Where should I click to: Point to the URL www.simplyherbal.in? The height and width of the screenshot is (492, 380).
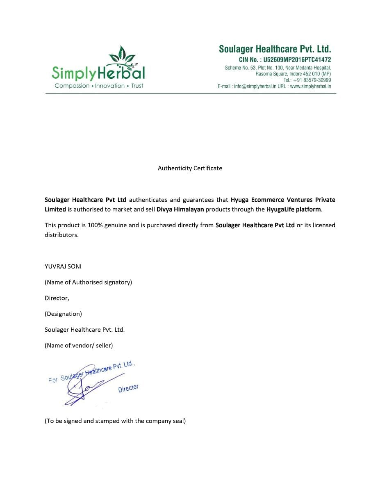point(310,86)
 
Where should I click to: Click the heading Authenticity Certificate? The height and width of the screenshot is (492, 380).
point(190,168)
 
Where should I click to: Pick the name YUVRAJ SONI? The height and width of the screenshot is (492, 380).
point(63,266)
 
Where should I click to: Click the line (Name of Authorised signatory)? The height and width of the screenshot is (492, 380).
point(88,282)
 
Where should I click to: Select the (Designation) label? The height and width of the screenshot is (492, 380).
point(63,314)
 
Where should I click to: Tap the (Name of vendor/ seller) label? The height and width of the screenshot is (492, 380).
point(79,345)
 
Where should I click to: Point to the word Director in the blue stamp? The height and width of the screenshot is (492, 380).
point(128,388)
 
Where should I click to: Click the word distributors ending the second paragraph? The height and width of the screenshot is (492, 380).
point(61,235)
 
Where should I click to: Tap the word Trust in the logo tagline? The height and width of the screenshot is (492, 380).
point(137,86)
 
